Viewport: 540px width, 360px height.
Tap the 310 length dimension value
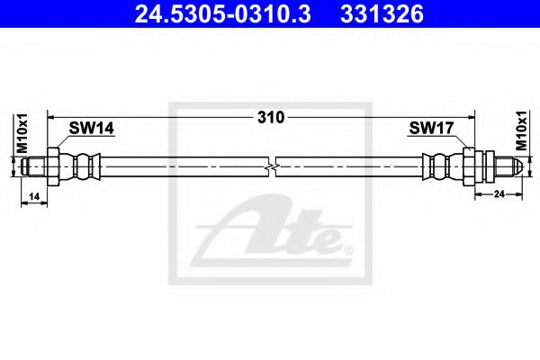point(270,117)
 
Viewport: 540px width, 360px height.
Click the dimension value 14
point(34,195)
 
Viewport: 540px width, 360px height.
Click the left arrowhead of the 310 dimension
point(52,117)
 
